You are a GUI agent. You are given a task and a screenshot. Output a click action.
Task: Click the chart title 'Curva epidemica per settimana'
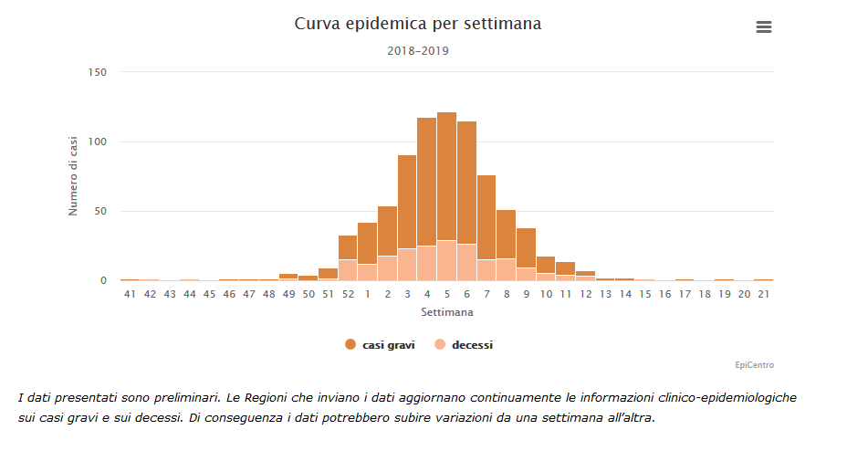(x=417, y=24)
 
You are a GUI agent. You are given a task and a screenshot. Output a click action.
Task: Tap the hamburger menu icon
(x=764, y=27)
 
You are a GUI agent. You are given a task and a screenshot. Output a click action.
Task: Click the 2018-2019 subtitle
(x=417, y=51)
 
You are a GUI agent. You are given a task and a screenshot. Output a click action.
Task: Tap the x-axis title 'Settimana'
(x=447, y=312)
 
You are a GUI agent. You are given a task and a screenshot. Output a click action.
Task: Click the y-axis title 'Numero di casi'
(x=74, y=176)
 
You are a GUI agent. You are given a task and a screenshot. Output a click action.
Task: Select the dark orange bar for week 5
(x=446, y=173)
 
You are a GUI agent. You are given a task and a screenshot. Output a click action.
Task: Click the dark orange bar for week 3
(x=407, y=201)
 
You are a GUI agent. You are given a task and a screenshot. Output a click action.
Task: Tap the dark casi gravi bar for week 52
(x=348, y=247)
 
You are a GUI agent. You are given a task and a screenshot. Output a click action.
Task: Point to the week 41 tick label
(x=131, y=294)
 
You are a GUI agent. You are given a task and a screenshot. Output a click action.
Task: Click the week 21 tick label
(x=764, y=294)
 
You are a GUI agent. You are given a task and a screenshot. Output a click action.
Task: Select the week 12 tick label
(x=585, y=294)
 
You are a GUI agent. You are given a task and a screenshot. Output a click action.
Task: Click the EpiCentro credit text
(x=755, y=365)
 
